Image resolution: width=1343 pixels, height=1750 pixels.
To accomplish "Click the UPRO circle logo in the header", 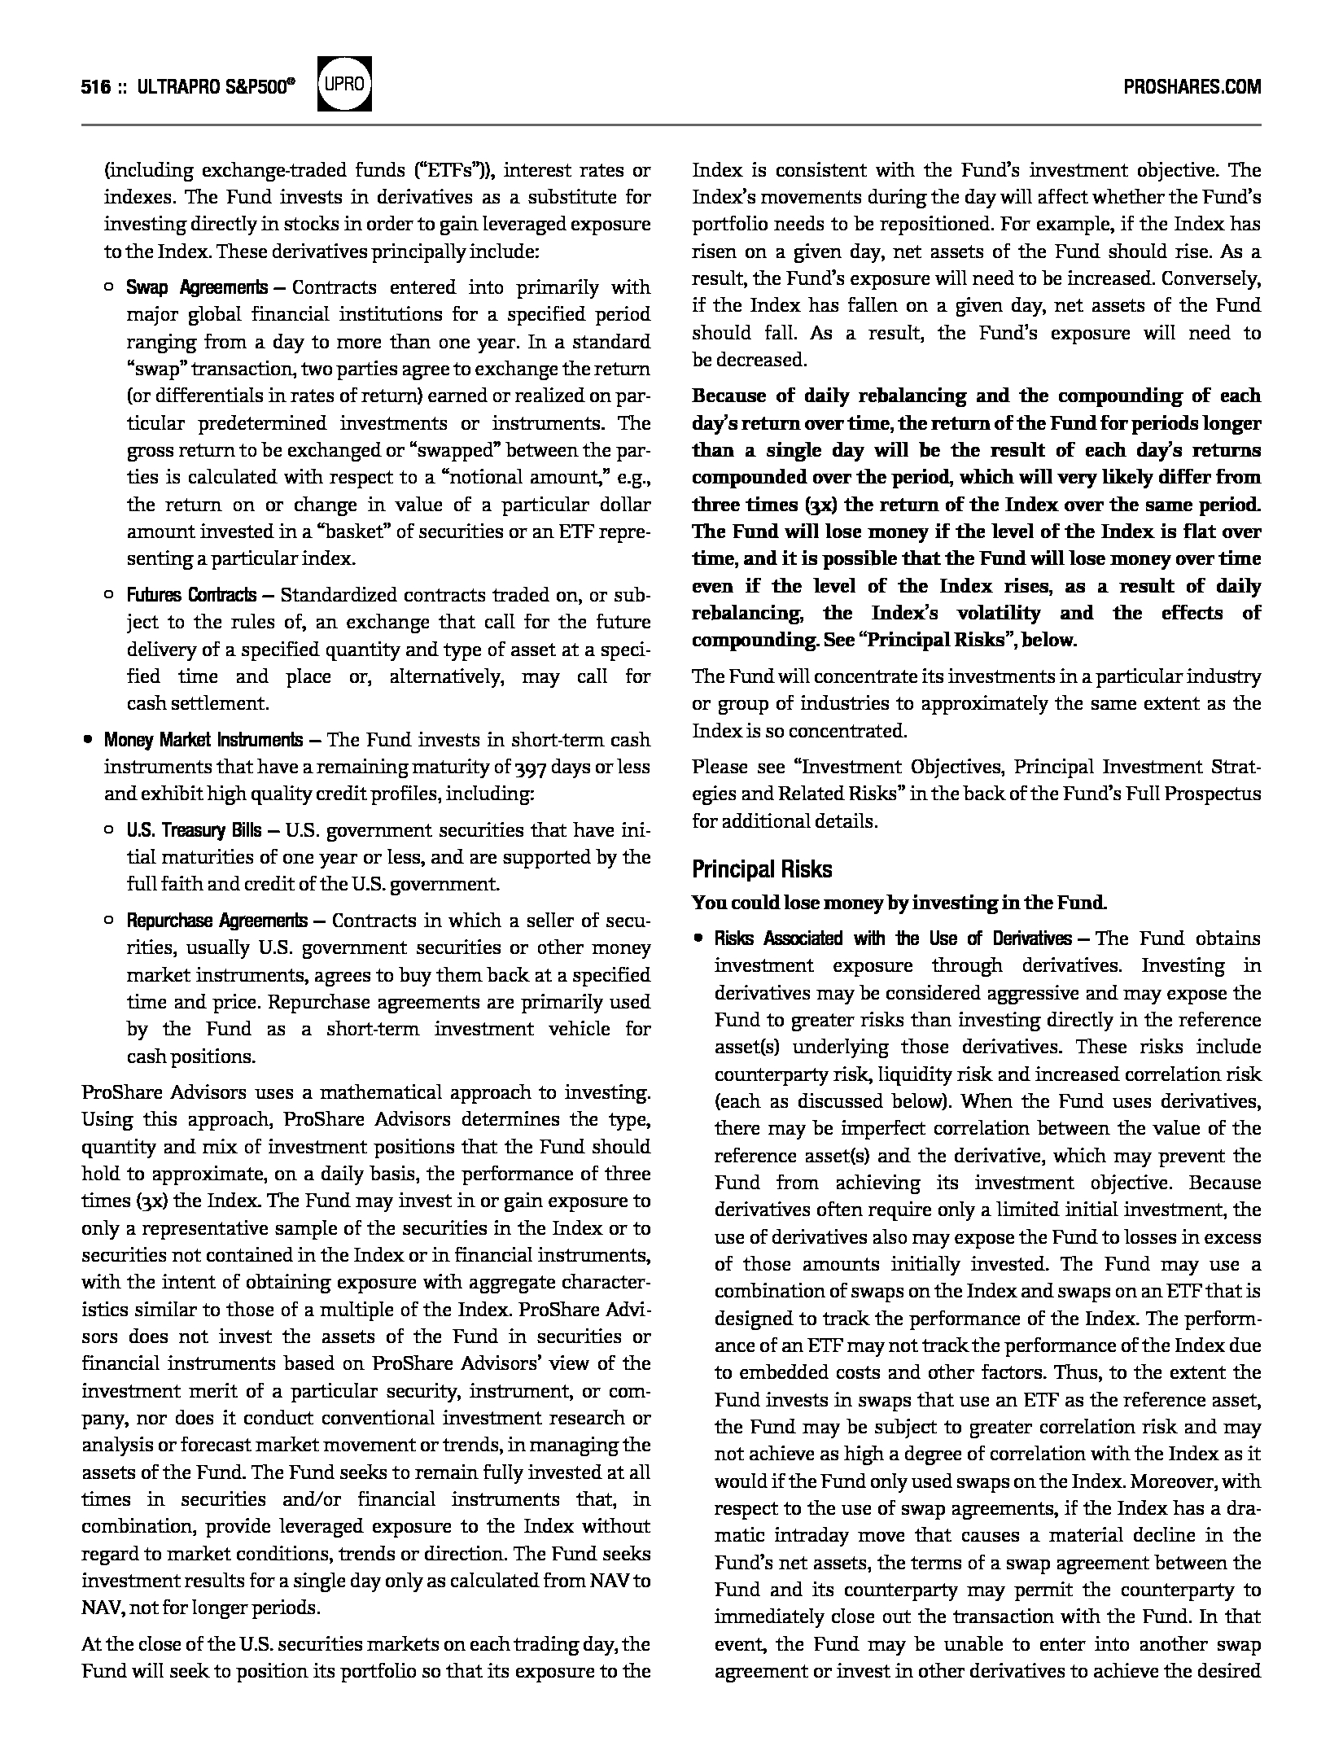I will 345,85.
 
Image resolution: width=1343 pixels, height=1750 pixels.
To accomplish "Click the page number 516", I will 96,87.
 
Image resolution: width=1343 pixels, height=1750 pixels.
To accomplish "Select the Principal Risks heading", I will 762,869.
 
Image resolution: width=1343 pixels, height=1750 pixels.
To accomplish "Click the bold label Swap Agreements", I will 197,288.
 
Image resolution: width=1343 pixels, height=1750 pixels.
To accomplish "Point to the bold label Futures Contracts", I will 191,595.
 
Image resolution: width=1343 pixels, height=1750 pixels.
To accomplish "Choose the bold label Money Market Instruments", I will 203,740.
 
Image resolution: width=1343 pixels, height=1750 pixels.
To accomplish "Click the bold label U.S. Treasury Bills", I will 194,830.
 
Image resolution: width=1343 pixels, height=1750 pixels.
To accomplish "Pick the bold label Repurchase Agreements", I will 217,921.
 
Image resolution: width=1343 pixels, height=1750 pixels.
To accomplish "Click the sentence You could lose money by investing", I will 899,903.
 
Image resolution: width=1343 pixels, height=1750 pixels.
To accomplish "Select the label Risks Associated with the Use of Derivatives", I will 893,938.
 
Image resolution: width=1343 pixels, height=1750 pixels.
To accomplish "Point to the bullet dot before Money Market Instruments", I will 88,741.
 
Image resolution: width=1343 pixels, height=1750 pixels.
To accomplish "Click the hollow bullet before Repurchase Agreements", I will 109,921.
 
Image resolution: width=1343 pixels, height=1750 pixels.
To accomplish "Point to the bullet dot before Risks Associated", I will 698,939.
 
